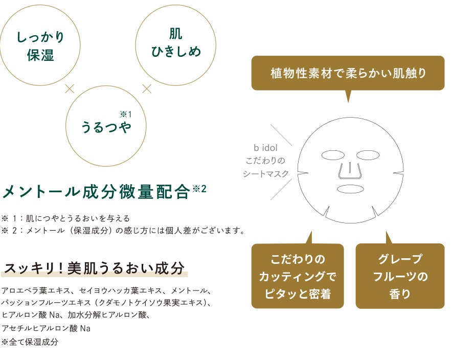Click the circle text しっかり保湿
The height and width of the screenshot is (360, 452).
(x=40, y=46)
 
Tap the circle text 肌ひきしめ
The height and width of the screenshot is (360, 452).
(x=176, y=42)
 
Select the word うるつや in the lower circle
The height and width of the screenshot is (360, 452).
(x=106, y=127)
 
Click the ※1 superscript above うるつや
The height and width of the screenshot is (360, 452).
(x=126, y=115)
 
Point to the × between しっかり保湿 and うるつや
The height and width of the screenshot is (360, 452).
(x=70, y=89)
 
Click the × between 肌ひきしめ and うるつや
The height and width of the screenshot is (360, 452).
(x=147, y=88)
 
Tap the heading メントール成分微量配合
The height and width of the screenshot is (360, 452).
(x=96, y=192)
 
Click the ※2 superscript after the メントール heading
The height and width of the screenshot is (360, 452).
(x=199, y=189)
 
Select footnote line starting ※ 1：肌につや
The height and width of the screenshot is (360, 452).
(x=66, y=218)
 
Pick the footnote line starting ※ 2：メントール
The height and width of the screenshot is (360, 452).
(x=123, y=231)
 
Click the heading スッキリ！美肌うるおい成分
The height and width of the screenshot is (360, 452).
(x=94, y=268)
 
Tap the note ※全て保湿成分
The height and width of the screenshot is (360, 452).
(x=30, y=342)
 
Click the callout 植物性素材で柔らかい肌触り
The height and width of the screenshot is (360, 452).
(x=348, y=73)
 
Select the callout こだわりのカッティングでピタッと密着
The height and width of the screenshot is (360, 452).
(x=298, y=276)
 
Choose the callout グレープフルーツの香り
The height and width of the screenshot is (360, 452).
(x=400, y=276)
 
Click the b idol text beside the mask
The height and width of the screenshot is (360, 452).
(x=265, y=148)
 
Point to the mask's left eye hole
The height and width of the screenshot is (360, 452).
(x=333, y=155)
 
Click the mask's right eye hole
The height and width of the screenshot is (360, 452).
(x=368, y=155)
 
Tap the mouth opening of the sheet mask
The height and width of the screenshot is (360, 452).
(x=350, y=189)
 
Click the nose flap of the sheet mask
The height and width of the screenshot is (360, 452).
(x=350, y=171)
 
